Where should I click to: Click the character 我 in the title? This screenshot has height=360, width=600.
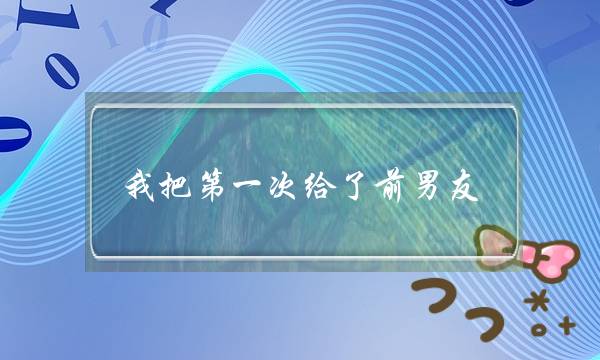click(141, 185)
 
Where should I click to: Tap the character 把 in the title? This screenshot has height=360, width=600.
click(178, 185)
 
